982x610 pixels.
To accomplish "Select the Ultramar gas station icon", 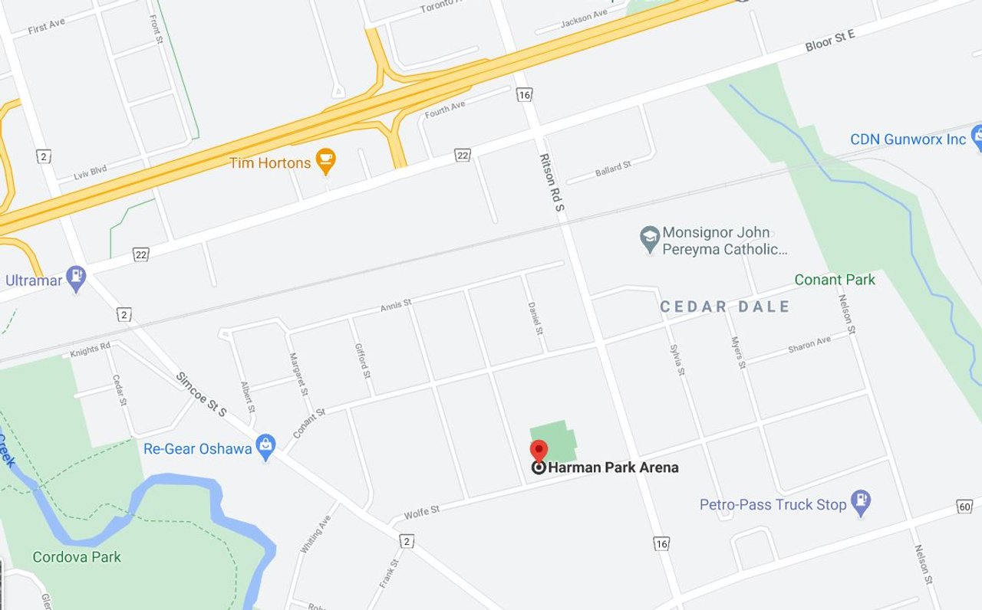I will pyautogui.click(x=76, y=277).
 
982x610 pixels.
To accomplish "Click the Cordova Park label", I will pyautogui.click(x=77, y=557).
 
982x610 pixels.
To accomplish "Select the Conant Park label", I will pyautogui.click(x=835, y=280).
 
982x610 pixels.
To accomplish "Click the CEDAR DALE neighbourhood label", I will pyautogui.click(x=725, y=307).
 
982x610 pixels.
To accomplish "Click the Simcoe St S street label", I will pyautogui.click(x=202, y=395).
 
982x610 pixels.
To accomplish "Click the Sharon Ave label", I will pyautogui.click(x=809, y=345).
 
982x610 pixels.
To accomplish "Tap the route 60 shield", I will pyautogui.click(x=965, y=507).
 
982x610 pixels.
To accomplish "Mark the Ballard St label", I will pyautogui.click(x=613, y=169).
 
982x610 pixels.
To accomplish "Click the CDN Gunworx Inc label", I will pyautogui.click(x=908, y=139).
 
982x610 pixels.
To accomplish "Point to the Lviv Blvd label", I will pyautogui.click(x=91, y=173).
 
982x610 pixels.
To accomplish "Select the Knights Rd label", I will pyautogui.click(x=91, y=350).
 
